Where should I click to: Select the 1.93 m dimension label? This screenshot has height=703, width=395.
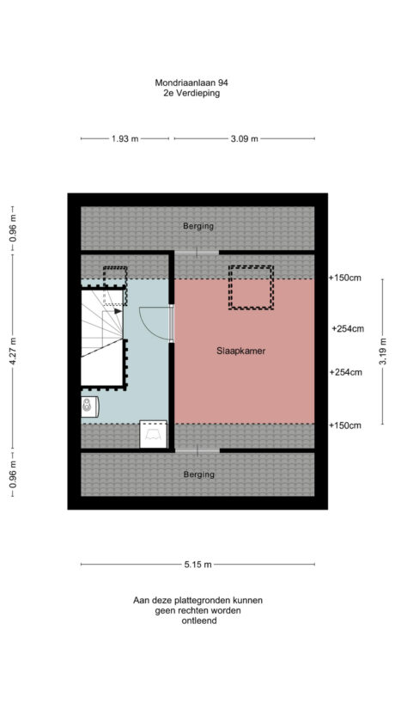pos(125,138)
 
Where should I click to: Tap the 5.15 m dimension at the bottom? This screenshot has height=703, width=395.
pos(197,565)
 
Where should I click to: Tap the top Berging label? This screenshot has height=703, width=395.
pos(197,226)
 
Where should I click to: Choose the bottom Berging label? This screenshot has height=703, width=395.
pos(197,474)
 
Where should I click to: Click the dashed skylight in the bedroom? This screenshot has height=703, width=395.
pos(251,287)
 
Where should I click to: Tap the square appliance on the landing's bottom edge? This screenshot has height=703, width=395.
pos(154,435)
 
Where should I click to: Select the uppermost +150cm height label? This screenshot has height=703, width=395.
pos(344,278)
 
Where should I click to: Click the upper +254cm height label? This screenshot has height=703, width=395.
pos(348,328)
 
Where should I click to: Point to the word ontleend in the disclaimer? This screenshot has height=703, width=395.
pos(197,620)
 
